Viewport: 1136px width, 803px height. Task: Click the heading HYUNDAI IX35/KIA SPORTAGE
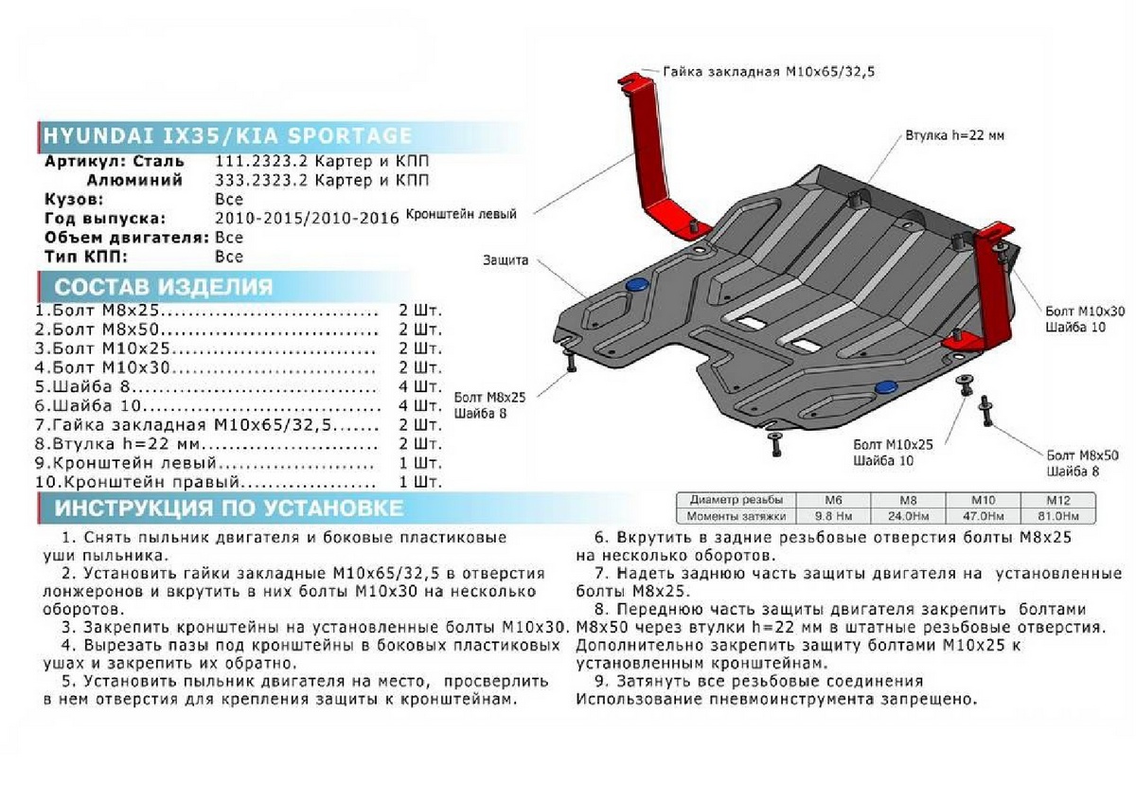[x=227, y=134]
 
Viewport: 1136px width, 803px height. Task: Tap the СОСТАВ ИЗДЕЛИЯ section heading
[x=164, y=288]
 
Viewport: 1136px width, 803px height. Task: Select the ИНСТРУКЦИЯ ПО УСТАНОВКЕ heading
[x=228, y=509]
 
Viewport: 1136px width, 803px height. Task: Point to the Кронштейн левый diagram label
[x=461, y=216]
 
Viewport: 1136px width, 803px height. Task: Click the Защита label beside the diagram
[x=505, y=260]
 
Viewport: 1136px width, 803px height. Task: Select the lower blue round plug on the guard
[x=887, y=386]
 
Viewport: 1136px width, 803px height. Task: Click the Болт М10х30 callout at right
[x=1086, y=312]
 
